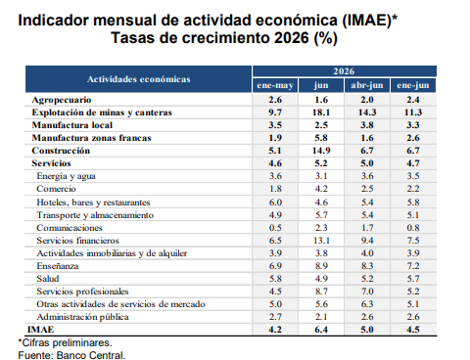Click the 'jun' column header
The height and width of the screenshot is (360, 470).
[321, 85]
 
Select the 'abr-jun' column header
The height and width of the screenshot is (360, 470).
[367, 85]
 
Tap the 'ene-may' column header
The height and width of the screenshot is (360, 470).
[275, 85]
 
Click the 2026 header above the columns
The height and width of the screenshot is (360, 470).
[344, 71]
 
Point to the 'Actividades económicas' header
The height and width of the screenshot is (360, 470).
[139, 79]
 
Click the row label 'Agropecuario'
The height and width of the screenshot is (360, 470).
[62, 100]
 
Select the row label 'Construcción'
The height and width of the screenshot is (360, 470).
[61, 151]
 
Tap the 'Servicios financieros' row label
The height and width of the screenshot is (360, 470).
[78, 241]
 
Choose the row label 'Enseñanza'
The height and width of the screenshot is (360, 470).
[58, 266]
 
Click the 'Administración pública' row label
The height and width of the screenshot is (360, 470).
[83, 317]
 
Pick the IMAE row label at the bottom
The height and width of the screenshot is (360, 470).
[41, 330]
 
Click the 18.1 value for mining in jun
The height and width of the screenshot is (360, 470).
[321, 112]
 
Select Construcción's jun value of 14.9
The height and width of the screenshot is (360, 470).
[321, 151]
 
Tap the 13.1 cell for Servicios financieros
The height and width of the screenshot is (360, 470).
[321, 241]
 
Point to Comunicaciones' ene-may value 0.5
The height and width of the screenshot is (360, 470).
[275, 228]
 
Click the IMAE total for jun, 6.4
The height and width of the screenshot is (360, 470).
[321, 330]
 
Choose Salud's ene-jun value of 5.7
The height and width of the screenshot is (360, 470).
[413, 279]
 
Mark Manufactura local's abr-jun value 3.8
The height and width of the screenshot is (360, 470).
[367, 125]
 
